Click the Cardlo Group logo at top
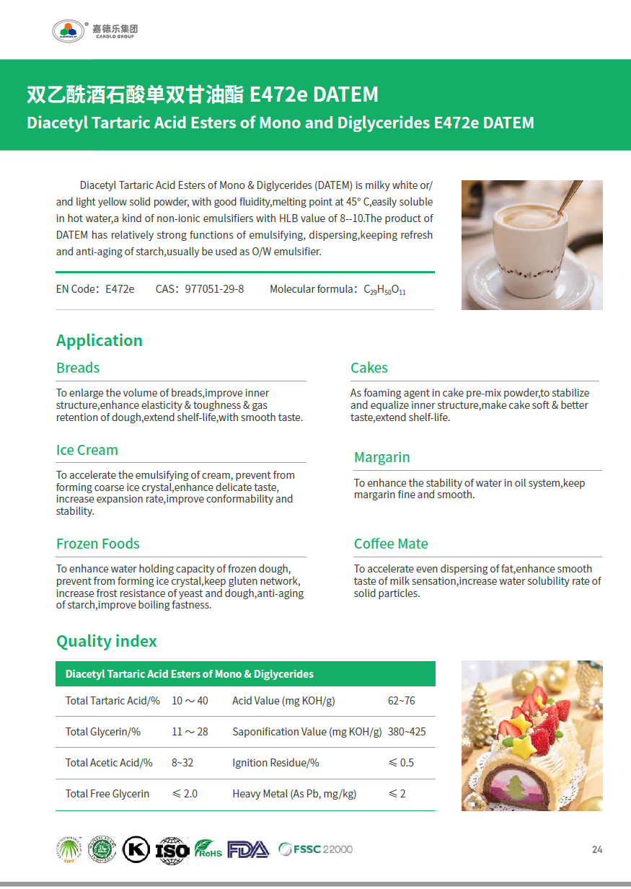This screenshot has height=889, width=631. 94,30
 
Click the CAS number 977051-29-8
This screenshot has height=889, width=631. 214,289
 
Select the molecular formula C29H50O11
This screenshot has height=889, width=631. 384,290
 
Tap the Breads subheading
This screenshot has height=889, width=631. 78,368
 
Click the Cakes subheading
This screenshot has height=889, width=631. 369,368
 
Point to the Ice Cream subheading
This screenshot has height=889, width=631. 87,450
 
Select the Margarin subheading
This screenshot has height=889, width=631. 381,457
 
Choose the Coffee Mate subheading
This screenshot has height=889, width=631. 391,544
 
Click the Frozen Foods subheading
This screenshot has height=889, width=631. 98,544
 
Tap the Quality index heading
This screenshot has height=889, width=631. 106,641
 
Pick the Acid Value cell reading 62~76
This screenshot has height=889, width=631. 402,701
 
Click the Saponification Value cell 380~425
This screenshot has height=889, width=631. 407,732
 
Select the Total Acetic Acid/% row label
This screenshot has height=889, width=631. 109,763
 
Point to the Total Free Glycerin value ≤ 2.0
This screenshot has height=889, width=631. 185,794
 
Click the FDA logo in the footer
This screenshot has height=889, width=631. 248,849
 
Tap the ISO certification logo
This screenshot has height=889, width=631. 172,850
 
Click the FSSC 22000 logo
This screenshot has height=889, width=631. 316,849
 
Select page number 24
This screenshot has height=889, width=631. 597,849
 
